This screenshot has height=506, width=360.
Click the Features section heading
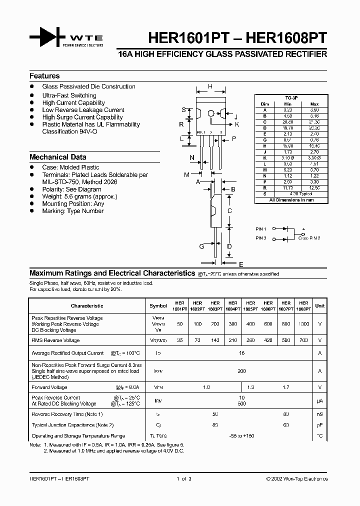click(x=44, y=76)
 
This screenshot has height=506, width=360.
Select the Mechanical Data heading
click(x=57, y=156)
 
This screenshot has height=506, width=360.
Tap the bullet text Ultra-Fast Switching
click(x=69, y=95)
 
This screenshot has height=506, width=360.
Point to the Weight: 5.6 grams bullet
click(x=79, y=196)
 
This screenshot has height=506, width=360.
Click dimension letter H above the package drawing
click(x=210, y=86)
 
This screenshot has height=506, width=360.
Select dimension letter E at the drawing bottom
click(x=241, y=264)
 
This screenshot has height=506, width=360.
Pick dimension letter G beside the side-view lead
click(x=201, y=246)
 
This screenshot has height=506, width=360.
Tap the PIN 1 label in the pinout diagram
click(x=261, y=228)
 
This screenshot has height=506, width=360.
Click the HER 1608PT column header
click(x=303, y=306)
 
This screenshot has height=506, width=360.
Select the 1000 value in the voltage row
click(x=303, y=324)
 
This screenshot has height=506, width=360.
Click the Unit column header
click(x=320, y=305)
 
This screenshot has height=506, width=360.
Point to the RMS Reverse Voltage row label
click(x=55, y=340)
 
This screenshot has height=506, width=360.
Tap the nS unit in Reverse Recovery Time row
click(x=320, y=414)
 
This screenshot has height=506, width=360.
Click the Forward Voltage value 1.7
click(x=286, y=387)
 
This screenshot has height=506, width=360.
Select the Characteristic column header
click(x=87, y=305)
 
